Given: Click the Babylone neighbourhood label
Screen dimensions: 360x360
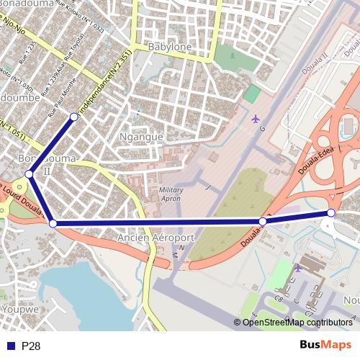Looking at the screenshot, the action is pos(169,47).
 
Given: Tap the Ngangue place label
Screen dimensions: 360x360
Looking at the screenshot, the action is pos(141,137).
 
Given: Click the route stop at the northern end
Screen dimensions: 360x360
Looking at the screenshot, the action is pos(73,117).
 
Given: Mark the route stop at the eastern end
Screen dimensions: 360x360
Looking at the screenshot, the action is pos(331,212).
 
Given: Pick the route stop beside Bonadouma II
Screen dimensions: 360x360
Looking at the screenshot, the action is pos(29,174).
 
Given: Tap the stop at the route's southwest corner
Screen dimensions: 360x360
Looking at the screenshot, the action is pos(53,223).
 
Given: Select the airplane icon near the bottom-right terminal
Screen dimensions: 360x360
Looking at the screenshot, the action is pos(298,268).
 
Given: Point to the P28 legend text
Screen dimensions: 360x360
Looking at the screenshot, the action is pos(31,346).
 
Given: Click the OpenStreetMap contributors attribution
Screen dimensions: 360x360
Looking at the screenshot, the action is pos(297,323).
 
